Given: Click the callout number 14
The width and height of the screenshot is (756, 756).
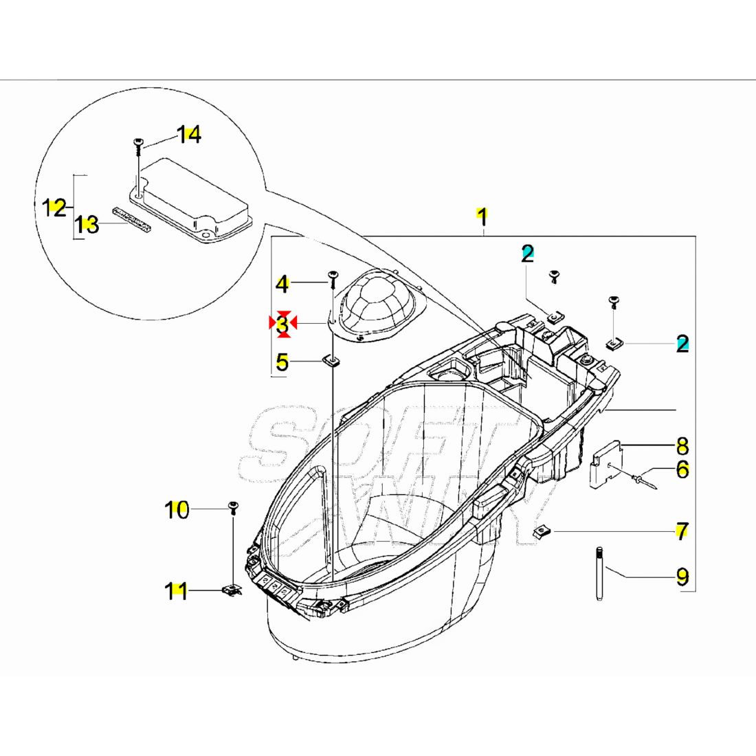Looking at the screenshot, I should pos(188,135).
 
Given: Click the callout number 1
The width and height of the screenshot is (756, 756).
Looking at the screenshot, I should pos(482,216).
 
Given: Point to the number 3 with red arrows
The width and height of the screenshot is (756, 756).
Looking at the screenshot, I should pos(282,324).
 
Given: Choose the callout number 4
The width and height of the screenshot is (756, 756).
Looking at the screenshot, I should pos(282,283).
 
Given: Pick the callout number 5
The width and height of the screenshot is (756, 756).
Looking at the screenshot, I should pos(282,361).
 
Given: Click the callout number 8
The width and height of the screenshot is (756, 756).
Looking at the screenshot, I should pos(682,446).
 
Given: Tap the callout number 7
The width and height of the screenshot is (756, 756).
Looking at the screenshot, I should pos(682,531).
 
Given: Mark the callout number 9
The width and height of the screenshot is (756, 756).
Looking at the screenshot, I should pos(682,576).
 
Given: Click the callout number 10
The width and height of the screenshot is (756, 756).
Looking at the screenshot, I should pos(177,510).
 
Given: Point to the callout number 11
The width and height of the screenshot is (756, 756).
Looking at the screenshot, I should pos(177,590).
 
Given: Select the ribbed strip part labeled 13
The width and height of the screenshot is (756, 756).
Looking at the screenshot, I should pos(133,217).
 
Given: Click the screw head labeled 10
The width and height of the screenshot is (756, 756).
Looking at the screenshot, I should pos(234,508).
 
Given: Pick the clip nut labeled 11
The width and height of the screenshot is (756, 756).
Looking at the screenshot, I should pos(232,590).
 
